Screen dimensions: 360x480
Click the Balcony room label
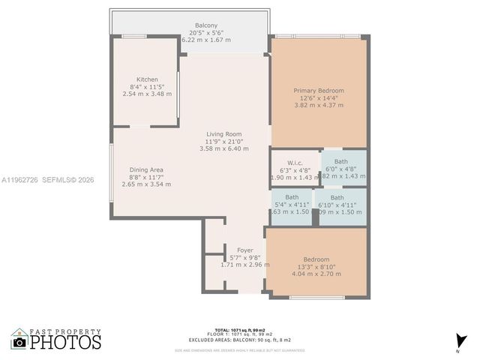(x=206, y=25)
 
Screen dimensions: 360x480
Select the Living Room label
(x=223, y=134)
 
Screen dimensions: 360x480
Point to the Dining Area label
(x=146, y=169)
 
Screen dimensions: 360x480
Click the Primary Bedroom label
(x=318, y=90)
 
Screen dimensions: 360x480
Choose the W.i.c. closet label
(x=295, y=163)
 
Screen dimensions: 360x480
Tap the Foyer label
(x=245, y=250)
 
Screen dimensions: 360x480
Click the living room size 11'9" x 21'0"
(x=223, y=142)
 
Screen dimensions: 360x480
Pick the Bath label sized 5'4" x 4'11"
(x=292, y=197)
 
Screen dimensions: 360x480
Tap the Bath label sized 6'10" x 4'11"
(x=337, y=198)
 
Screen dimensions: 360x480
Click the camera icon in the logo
(x=20, y=342)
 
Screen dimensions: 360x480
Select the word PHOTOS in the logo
(x=66, y=342)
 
